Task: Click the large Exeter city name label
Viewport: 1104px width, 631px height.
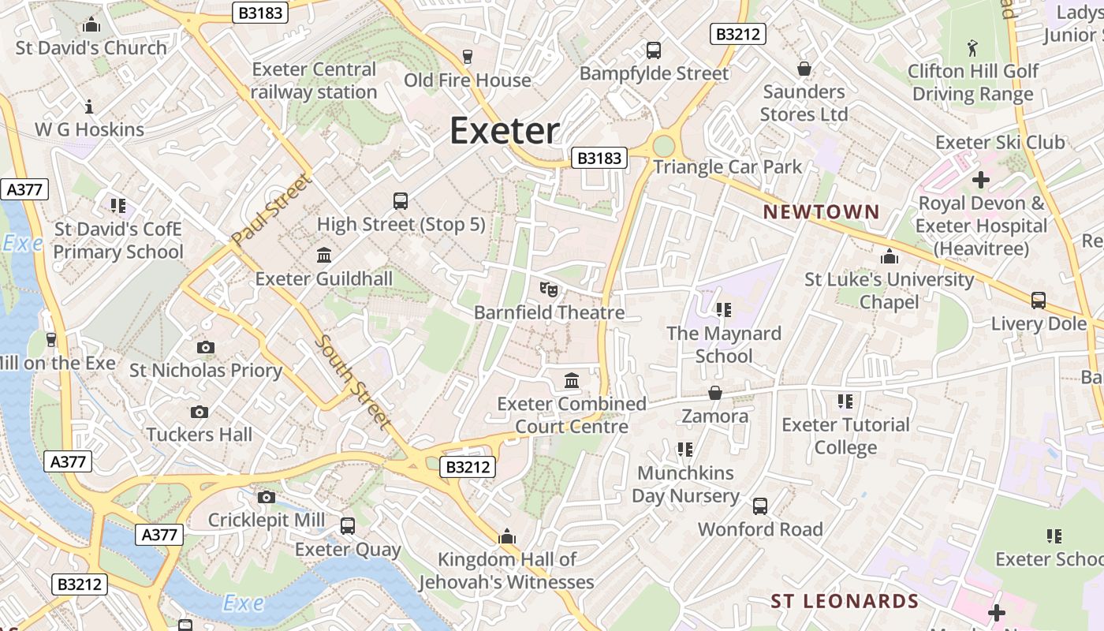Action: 505,131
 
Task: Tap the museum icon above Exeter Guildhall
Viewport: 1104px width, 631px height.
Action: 323,255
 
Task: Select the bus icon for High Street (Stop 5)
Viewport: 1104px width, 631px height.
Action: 401,201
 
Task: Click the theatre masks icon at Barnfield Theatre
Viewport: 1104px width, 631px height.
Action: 549,289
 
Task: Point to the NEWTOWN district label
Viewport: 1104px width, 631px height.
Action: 821,211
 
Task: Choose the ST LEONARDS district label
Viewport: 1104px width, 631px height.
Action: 845,601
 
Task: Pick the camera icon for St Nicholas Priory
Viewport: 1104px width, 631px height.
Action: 205,347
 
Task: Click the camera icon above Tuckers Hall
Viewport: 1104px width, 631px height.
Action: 200,412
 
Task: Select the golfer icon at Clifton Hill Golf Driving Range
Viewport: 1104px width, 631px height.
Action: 972,48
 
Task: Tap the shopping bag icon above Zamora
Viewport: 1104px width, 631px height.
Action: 715,392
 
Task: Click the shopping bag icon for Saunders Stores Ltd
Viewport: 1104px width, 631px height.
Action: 804,69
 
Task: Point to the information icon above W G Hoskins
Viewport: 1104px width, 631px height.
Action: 89,106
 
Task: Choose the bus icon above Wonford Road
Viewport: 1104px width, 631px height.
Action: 760,506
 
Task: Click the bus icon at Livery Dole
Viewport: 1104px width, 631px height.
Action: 1039,301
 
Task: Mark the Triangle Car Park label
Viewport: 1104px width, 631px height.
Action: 727,167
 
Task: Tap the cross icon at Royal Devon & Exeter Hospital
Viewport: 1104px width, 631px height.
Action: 980,180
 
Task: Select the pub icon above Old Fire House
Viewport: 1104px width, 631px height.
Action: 468,57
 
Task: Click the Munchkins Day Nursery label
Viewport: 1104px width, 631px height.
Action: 685,484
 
